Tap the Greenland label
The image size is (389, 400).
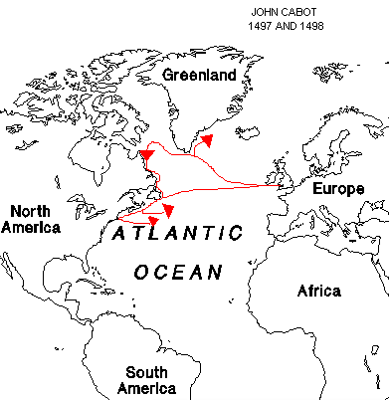[200, 75]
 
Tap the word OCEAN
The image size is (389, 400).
[174, 271]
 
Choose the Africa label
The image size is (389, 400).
[319, 291]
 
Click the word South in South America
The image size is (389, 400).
[146, 372]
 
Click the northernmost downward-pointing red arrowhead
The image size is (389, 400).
[146, 156]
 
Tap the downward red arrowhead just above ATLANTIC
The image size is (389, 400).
[168, 210]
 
